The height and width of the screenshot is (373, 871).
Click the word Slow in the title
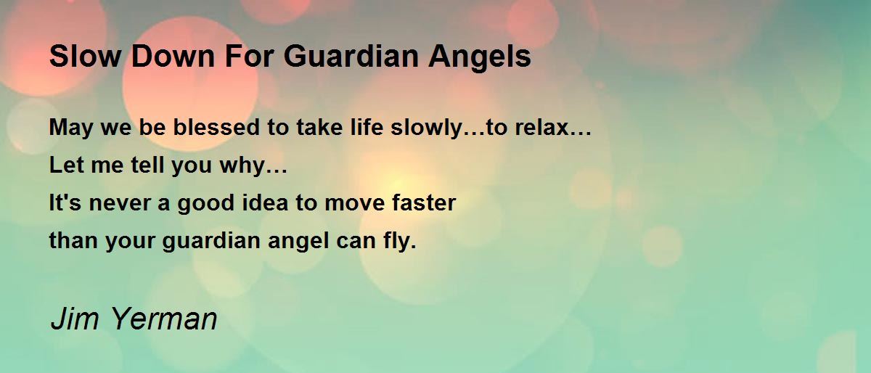click(85, 56)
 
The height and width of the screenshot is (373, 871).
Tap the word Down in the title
click(173, 56)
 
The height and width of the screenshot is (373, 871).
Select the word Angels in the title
click(480, 58)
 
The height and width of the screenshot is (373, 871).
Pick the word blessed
click(216, 127)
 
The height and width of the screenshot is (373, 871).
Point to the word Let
click(66, 165)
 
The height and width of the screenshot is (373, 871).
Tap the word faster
click(424, 202)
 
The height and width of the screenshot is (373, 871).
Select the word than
click(73, 240)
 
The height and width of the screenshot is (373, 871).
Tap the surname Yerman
click(164, 319)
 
